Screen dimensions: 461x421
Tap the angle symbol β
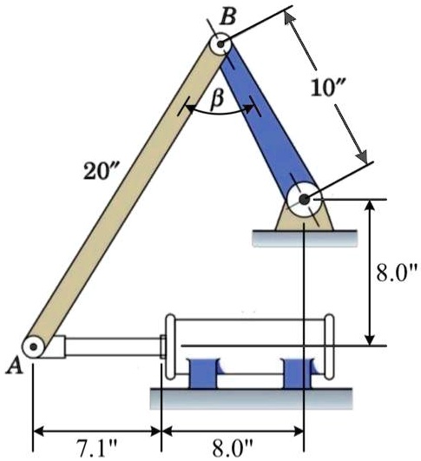click(218, 101)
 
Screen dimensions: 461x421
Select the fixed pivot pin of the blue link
click(304, 199)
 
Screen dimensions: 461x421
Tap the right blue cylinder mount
click(301, 374)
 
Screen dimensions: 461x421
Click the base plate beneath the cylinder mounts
click(252, 398)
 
